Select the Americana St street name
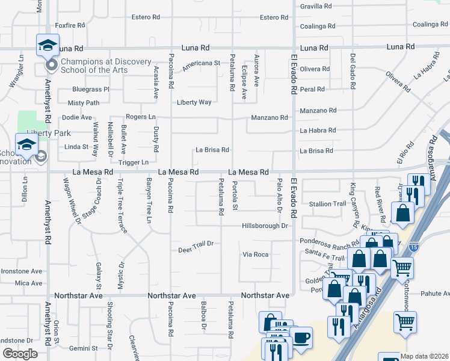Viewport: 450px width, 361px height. point(201,63)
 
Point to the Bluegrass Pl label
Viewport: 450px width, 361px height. point(91,89)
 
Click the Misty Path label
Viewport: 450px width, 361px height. point(83,103)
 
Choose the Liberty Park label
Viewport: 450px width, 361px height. point(48,133)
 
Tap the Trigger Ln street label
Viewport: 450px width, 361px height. point(134,162)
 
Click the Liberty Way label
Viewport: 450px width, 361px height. point(194,102)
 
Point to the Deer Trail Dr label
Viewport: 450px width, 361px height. point(196,244)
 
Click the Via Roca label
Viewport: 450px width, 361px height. point(255,255)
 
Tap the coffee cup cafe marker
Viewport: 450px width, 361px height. point(301,337)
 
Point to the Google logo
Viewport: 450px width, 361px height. point(20,354)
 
